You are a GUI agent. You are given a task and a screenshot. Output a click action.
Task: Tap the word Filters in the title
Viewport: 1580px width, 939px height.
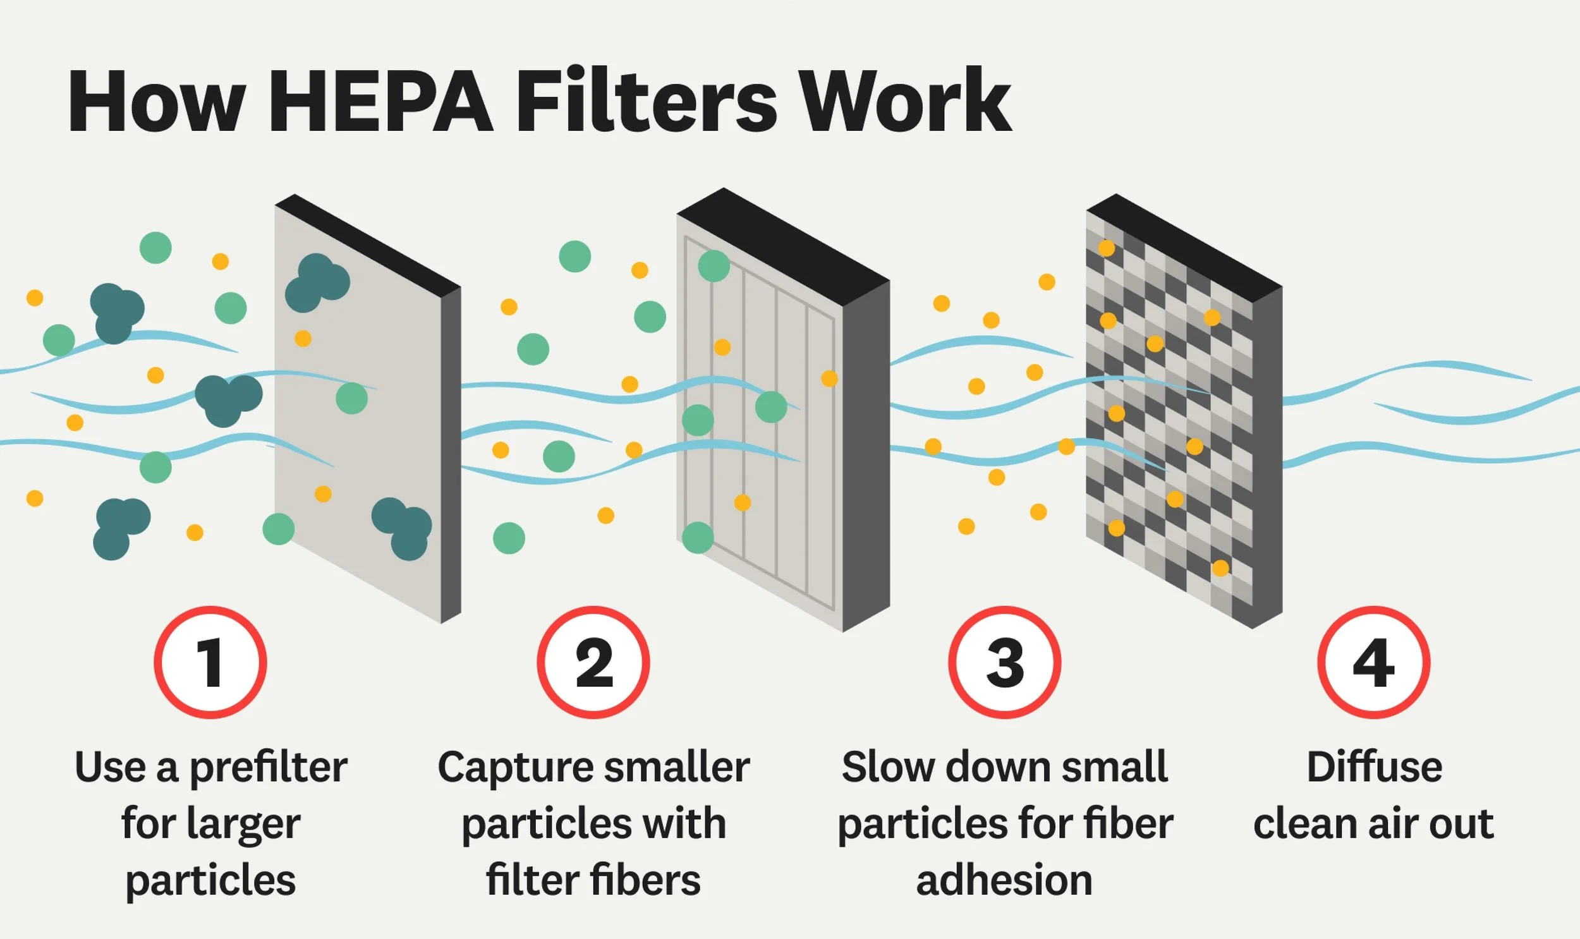[x=647, y=101]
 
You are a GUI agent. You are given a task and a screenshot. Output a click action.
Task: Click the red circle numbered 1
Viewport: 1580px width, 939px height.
[x=210, y=662]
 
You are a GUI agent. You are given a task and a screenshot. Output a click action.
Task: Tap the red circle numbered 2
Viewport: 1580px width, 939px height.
[x=593, y=662]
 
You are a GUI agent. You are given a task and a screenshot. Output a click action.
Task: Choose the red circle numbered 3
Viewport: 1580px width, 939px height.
[x=1004, y=662]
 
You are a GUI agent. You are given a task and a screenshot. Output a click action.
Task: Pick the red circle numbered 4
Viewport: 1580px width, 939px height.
[x=1374, y=662]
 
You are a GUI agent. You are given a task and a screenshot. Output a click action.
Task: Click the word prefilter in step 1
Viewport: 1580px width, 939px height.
[x=269, y=768]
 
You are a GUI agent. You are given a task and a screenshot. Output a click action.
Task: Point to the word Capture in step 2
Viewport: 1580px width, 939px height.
[x=513, y=768]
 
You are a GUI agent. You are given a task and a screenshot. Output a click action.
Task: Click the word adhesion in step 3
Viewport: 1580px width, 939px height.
[x=1004, y=880]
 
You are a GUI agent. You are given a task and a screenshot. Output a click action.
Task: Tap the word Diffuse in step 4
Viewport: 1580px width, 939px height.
[x=1375, y=767]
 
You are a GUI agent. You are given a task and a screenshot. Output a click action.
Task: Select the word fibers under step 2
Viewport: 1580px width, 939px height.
[x=645, y=880]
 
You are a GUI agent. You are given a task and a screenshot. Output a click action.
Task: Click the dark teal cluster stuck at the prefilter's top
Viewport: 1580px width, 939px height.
[x=317, y=283]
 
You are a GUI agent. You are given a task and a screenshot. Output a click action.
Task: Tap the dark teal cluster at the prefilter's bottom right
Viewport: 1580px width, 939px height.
[x=403, y=528]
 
